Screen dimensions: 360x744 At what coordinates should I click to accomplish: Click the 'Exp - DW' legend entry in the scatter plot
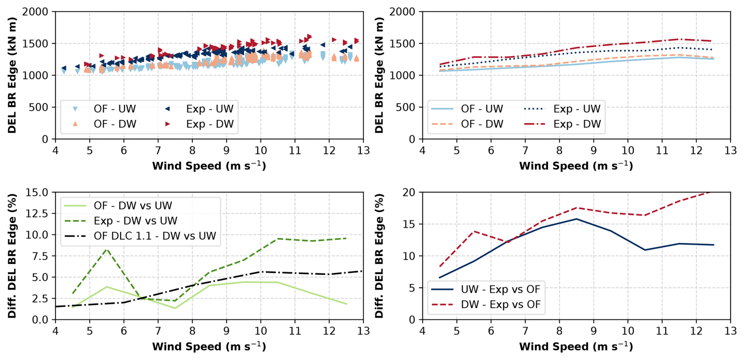click(x=210, y=124)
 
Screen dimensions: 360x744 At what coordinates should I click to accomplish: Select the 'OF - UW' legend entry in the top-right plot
click(x=482, y=109)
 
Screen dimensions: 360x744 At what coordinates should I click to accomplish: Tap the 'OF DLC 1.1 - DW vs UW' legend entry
click(x=155, y=236)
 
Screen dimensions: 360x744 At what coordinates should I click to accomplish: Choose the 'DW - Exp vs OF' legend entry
click(x=501, y=305)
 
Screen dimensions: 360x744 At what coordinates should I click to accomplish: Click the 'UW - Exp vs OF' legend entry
click(x=501, y=289)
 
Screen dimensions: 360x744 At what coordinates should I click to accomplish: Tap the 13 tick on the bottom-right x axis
click(x=730, y=331)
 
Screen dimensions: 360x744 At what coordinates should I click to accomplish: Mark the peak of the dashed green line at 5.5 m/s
click(x=107, y=249)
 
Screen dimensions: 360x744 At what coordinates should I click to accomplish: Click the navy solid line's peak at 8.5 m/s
click(x=576, y=219)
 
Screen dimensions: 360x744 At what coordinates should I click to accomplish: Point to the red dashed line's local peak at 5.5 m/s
click(x=474, y=231)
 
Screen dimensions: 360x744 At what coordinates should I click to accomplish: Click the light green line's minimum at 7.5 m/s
click(x=175, y=308)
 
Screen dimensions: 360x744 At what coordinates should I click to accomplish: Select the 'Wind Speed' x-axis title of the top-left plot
click(x=209, y=166)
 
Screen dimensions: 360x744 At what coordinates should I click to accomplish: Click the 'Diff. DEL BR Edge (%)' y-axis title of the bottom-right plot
click(x=379, y=256)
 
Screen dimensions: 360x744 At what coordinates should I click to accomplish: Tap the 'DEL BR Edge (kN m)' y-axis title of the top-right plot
click(x=379, y=75)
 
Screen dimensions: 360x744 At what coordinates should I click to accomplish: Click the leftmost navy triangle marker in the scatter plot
click(x=64, y=68)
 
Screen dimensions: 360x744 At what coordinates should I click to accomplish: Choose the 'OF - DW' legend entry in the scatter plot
click(x=115, y=124)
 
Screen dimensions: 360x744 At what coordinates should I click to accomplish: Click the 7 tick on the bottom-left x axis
click(x=158, y=331)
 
